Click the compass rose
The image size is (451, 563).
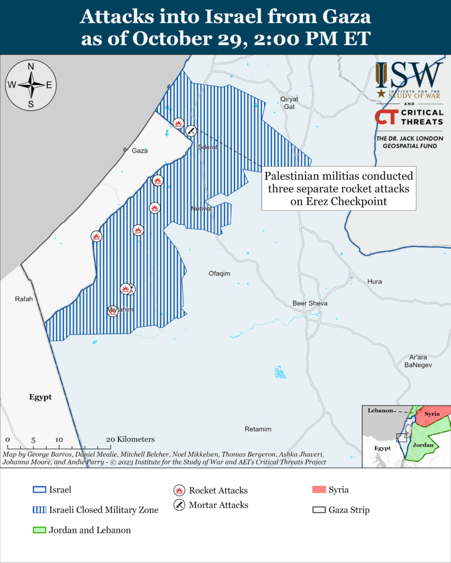(x=31, y=85)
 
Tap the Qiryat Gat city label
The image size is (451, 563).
(x=289, y=103)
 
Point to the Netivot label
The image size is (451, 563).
(x=202, y=208)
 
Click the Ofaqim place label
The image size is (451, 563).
(x=219, y=273)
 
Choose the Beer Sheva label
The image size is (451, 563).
(x=310, y=303)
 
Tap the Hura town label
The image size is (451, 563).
(x=374, y=281)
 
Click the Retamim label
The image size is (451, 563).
(x=258, y=429)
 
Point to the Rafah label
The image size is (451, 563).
(x=24, y=299)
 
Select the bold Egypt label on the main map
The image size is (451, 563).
(x=40, y=397)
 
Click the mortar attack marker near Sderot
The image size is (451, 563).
(x=191, y=131)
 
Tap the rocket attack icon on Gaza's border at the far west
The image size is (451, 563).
(x=96, y=236)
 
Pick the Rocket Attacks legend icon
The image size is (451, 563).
(x=179, y=490)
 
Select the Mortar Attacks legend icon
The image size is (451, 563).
(x=179, y=505)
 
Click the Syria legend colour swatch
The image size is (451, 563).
(x=319, y=490)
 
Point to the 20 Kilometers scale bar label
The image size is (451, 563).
(x=131, y=439)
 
